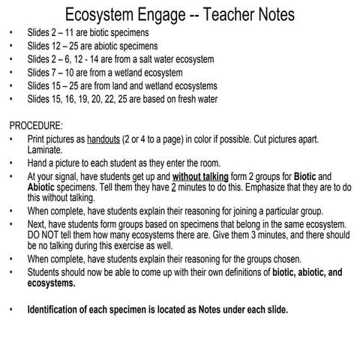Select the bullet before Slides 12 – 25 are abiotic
pyautogui.click(x=10, y=46)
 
